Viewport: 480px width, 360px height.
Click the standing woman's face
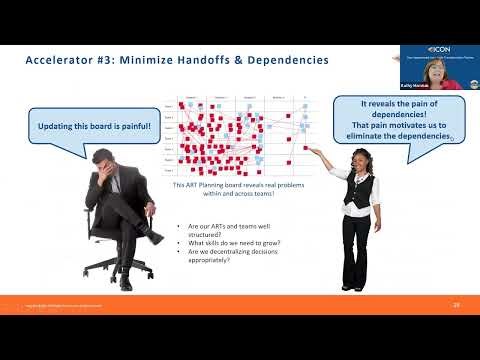[x=356, y=161]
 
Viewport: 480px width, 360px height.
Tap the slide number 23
[x=457, y=303]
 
